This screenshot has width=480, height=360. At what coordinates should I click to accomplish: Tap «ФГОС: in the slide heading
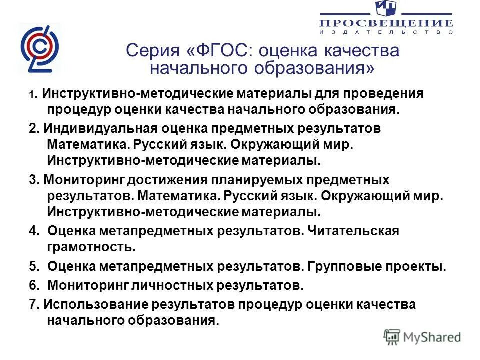point(217,51)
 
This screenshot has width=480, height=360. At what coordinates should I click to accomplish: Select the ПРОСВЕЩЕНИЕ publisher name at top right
point(386,23)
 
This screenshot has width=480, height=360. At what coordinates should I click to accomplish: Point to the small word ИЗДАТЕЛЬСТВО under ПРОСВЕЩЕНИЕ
point(386,32)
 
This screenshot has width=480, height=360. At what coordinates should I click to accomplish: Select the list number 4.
point(33,231)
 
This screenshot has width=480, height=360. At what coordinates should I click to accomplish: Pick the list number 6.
point(33,286)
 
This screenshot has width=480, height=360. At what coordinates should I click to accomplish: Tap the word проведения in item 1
point(380,93)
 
